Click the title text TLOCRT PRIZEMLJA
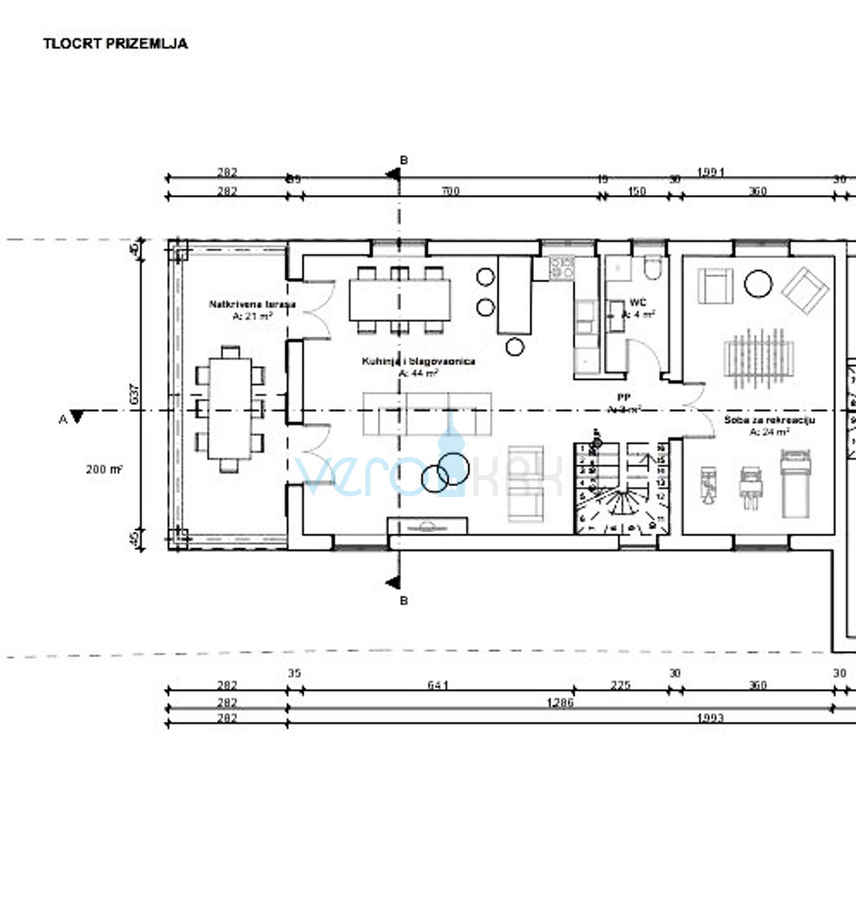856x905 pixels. [116, 44]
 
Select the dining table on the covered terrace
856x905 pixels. [229, 408]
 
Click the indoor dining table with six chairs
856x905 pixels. [400, 299]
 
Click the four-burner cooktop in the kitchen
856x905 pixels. [562, 268]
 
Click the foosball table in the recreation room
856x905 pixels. [757, 358]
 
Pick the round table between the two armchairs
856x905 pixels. [758, 283]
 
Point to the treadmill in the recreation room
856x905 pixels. [797, 484]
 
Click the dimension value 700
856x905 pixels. [451, 192]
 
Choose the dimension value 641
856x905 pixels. [438, 685]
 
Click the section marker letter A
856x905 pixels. [62, 419]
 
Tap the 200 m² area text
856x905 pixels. [104, 469]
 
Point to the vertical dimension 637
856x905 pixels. [133, 394]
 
